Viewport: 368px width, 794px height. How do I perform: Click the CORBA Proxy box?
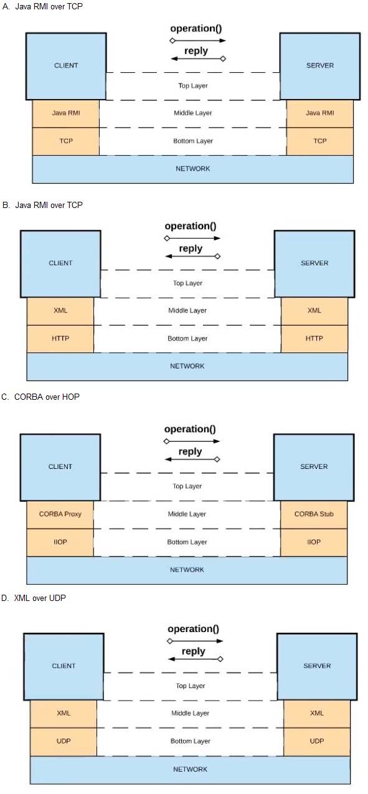[60, 514]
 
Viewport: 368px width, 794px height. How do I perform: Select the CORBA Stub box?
[314, 514]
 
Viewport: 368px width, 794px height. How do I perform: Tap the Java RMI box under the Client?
[66, 113]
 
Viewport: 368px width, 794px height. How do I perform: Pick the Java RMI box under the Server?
[320, 113]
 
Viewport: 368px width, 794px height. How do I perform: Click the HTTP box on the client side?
[60, 339]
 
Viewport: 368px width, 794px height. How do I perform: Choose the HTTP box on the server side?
[314, 339]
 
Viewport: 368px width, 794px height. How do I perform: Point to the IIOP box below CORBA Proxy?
[60, 542]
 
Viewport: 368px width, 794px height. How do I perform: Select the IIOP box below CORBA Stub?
[314, 542]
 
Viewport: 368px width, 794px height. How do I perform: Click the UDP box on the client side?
[64, 742]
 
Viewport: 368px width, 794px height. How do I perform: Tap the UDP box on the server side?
[317, 742]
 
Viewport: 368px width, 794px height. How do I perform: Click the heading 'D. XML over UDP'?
[34, 598]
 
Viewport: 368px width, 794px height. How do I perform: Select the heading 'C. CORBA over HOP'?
[40, 397]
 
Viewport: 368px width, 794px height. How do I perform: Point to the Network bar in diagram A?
[193, 169]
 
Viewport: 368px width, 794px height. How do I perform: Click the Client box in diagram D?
[64, 666]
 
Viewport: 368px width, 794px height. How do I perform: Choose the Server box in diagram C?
[314, 467]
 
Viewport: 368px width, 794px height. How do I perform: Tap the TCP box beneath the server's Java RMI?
[320, 141]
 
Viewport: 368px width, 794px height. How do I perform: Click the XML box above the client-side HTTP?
[60, 311]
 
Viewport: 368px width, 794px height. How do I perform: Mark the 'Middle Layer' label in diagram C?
[187, 514]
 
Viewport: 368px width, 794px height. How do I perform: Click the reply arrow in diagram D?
[196, 659]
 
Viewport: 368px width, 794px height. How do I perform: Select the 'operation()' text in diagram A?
[196, 29]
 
